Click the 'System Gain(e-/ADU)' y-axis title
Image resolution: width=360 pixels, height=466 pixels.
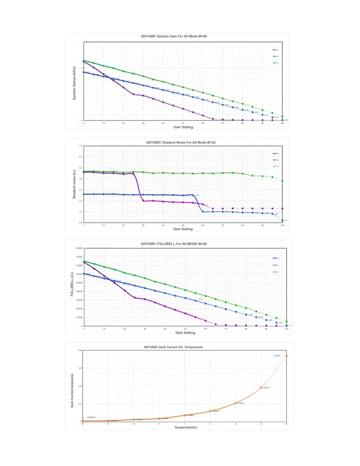(75, 83)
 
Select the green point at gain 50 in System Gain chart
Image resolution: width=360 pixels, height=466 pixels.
(183, 87)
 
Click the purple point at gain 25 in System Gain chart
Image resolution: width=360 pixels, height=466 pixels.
(133, 94)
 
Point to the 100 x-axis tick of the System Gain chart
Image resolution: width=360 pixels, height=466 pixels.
(282, 124)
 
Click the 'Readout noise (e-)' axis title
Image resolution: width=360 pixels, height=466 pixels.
(75, 184)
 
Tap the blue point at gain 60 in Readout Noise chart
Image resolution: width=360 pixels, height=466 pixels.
(203, 211)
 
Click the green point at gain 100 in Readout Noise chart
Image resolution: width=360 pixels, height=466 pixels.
(282, 180)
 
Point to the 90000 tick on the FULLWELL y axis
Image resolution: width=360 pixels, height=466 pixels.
(78, 248)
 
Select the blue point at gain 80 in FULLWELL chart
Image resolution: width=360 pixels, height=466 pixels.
(246, 315)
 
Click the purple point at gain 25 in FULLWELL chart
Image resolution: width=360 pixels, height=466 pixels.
(135, 298)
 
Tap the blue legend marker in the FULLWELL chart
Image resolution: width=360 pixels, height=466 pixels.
(274, 265)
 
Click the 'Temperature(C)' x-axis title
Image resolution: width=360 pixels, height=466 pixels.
(184, 428)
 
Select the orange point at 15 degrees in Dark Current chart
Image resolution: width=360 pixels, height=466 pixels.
(261, 387)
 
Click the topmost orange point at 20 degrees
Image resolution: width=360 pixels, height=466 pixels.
(286, 356)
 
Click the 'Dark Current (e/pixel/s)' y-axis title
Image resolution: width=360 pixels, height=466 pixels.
(72, 386)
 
